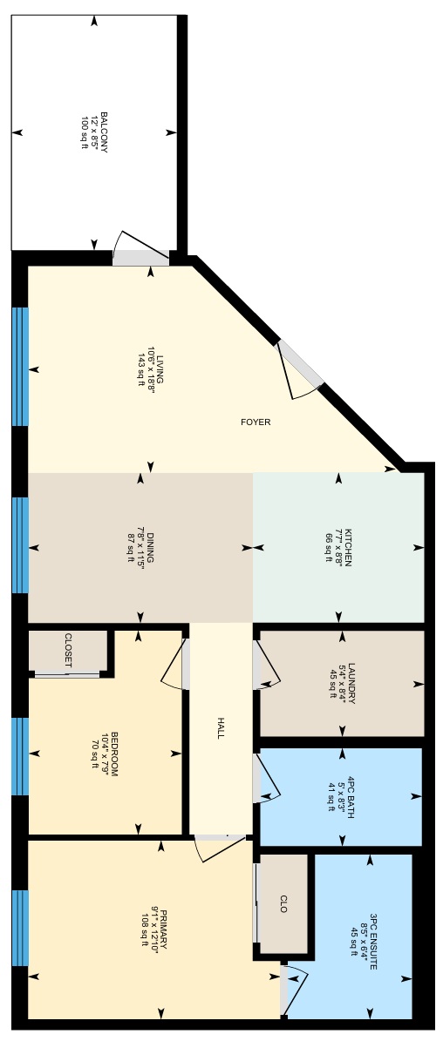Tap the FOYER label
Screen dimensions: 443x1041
tap(256, 422)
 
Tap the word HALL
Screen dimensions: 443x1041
tap(221, 728)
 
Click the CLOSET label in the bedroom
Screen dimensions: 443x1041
tap(68, 651)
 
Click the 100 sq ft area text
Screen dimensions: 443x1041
tap(85, 132)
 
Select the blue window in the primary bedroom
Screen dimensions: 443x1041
tap(21, 928)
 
